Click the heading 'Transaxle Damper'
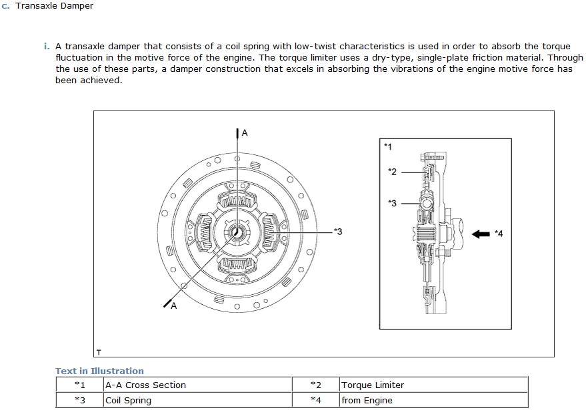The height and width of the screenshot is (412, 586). click(53, 6)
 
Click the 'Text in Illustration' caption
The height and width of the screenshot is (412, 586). click(99, 371)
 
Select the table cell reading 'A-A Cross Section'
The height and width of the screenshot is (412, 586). click(145, 385)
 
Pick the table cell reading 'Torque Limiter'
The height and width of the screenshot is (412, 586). click(373, 385)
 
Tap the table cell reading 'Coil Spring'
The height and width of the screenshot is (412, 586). click(128, 400)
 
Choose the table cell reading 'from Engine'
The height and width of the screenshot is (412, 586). click(367, 400)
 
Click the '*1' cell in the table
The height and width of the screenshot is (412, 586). click(79, 385)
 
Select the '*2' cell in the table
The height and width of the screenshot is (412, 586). click(315, 385)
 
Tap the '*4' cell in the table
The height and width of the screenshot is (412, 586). click(315, 400)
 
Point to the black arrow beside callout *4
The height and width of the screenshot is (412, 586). click(481, 234)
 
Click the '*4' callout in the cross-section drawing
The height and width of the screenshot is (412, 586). click(499, 234)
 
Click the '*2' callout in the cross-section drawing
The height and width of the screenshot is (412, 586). click(392, 172)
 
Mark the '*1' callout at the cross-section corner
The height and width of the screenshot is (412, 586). click(389, 145)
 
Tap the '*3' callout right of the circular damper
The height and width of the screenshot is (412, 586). click(338, 231)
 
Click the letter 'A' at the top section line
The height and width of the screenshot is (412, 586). click(244, 133)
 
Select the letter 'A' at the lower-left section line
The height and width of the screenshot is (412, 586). click(173, 306)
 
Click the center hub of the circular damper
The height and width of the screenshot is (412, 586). click(237, 231)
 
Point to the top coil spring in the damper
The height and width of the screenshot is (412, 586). click(237, 200)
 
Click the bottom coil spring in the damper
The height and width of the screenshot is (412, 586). click(237, 264)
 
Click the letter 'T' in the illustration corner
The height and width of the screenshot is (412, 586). click(99, 351)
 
